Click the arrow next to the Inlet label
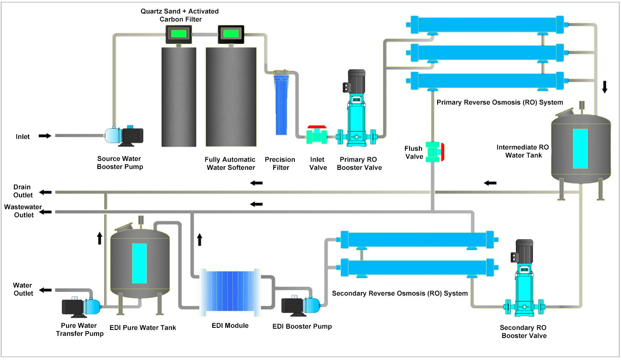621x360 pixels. pyautogui.click(x=45, y=136)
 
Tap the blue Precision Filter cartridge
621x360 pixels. pyautogui.click(x=281, y=106)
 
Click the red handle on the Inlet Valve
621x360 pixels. pyautogui.click(x=317, y=127)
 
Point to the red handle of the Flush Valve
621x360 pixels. pyautogui.click(x=442, y=152)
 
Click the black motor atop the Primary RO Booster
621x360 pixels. pyautogui.click(x=356, y=81)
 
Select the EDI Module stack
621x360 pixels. pyautogui.click(x=230, y=292)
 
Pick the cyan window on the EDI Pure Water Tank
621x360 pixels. pyautogui.click(x=139, y=263)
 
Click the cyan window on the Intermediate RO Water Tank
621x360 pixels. pyautogui.click(x=580, y=149)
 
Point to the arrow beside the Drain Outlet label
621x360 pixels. pyautogui.click(x=45, y=192)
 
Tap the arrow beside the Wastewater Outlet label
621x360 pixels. pyautogui.click(x=46, y=212)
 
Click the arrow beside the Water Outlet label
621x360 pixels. pyautogui.click(x=45, y=290)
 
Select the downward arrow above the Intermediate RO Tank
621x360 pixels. pyautogui.click(x=605, y=87)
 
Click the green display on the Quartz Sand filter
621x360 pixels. pyautogui.click(x=178, y=33)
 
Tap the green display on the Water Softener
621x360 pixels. pyautogui.click(x=231, y=33)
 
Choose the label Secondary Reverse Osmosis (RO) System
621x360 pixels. pyautogui.click(x=400, y=294)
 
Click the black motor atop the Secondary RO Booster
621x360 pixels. pyautogui.click(x=524, y=251)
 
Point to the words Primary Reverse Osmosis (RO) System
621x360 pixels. pyautogui.click(x=500, y=102)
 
